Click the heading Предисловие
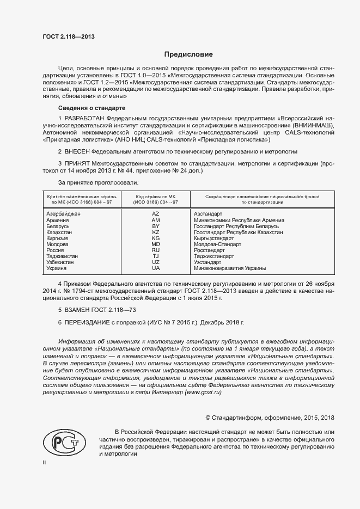pyautogui.click(x=188, y=54)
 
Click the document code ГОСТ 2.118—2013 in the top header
pyautogui.click(x=69, y=36)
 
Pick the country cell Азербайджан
pyautogui.click(x=64, y=214)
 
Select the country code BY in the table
pyautogui.click(x=156, y=226)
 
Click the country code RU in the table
pyautogui.click(x=156, y=250)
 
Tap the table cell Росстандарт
pyautogui.click(x=209, y=250)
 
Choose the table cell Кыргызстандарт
pyautogui.click(x=213, y=238)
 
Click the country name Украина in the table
pyautogui.click(x=57, y=268)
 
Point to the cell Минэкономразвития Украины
pyautogui.click(x=229, y=268)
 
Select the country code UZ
pyautogui.click(x=156, y=262)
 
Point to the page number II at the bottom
pyautogui.click(x=44, y=462)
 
